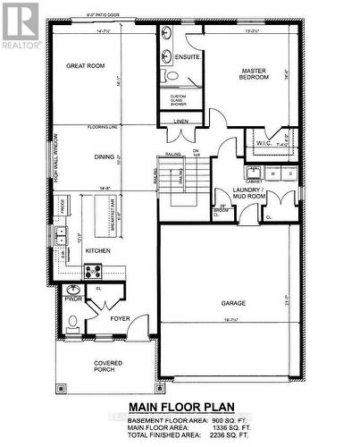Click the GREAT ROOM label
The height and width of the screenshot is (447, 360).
click(x=85, y=65)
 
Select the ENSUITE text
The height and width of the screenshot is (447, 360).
click(x=188, y=56)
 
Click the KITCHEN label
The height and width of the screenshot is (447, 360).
click(x=97, y=251)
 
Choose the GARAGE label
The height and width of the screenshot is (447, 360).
click(x=233, y=302)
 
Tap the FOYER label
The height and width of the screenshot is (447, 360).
click(x=121, y=317)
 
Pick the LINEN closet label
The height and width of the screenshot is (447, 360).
click(x=181, y=120)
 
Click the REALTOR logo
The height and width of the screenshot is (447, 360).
click(x=21, y=27)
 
